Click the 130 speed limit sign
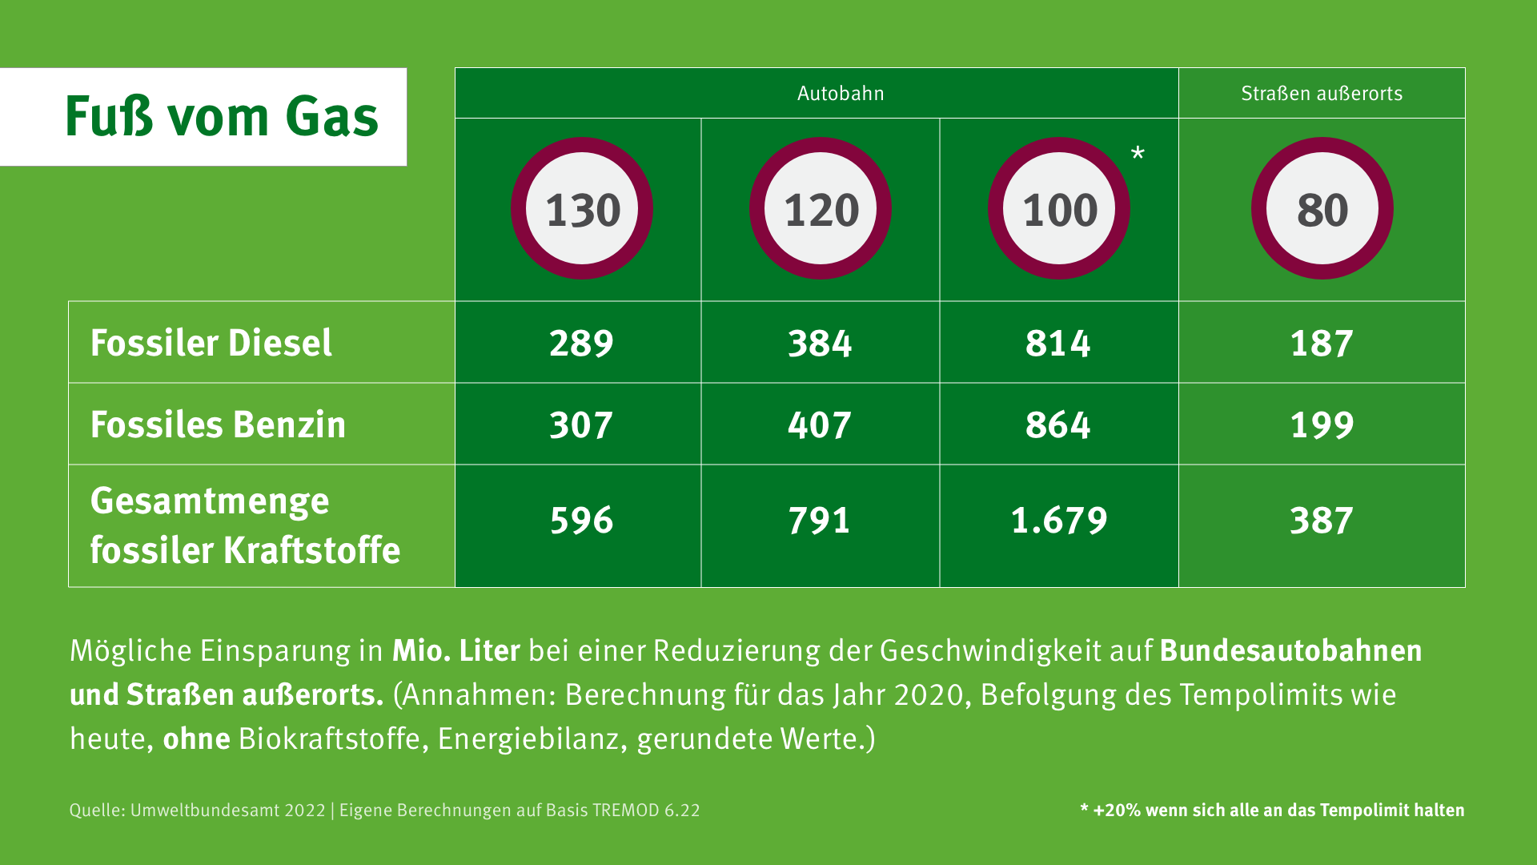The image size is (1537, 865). (x=582, y=209)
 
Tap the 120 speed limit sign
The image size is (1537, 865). (x=821, y=209)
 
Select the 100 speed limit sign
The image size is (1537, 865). (x=1059, y=209)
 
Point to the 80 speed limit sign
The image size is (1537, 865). (x=1322, y=209)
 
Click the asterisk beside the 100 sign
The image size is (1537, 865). (x=1138, y=154)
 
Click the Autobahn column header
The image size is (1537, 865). (x=841, y=94)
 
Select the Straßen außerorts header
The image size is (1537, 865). (x=1322, y=94)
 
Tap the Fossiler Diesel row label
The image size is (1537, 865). (x=211, y=343)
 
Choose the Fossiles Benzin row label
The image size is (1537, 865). (x=218, y=424)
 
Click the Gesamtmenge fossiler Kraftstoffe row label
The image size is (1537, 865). (x=244, y=525)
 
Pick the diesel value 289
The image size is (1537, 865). (x=581, y=344)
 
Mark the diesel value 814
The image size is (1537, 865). (x=1058, y=344)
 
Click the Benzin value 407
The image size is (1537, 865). (x=820, y=425)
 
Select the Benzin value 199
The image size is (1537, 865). (x=1322, y=425)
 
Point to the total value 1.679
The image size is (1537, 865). (x=1059, y=521)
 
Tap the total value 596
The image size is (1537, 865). (x=581, y=521)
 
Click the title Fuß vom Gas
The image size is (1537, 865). (x=221, y=117)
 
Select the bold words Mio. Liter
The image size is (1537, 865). (x=455, y=650)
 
